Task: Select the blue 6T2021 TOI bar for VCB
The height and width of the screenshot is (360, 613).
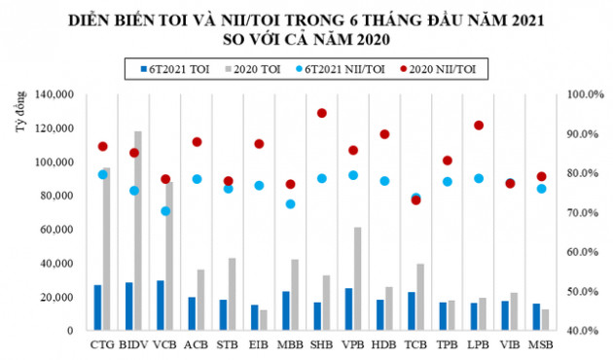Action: point(161,306)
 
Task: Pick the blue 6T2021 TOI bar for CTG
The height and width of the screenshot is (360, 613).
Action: point(97,307)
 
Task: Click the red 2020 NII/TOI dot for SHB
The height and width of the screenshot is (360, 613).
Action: point(321,113)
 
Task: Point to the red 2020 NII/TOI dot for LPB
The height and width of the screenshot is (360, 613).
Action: point(478,126)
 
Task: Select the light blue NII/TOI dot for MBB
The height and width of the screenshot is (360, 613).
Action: point(290,204)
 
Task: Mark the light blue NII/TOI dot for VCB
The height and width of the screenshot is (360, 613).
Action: point(165,211)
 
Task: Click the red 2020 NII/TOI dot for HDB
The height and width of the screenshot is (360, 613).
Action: point(384,134)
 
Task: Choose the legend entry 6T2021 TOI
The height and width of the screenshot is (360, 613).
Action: point(174,68)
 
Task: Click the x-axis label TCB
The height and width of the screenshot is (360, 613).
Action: point(416,344)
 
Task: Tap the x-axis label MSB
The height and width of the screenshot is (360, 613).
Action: point(541,344)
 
